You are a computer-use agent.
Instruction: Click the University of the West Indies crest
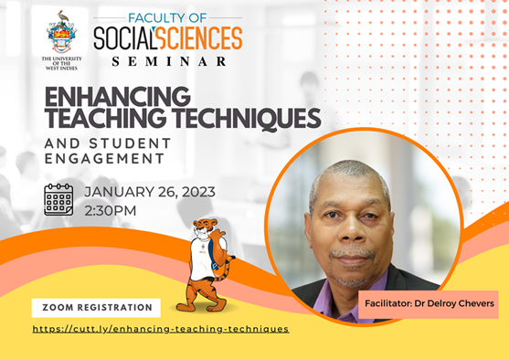tap(61, 32)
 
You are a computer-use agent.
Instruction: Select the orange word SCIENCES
tap(198, 38)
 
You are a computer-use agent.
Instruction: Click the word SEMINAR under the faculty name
tap(169, 61)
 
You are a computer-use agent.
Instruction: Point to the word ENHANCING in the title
tap(118, 96)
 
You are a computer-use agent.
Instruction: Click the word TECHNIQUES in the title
tap(247, 119)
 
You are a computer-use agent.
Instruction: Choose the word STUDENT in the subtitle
tap(130, 143)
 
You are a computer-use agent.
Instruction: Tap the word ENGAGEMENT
tap(104, 158)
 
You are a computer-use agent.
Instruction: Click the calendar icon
tap(58, 199)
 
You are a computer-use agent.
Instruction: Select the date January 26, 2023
tap(150, 192)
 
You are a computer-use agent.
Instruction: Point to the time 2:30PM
tap(111, 211)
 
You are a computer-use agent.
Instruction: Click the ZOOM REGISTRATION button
tap(96, 308)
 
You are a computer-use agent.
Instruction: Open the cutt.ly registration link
tap(161, 329)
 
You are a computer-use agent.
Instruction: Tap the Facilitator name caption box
tap(429, 304)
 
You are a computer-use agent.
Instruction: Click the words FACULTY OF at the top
tap(167, 18)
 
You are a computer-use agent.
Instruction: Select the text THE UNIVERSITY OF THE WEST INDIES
tap(61, 63)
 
